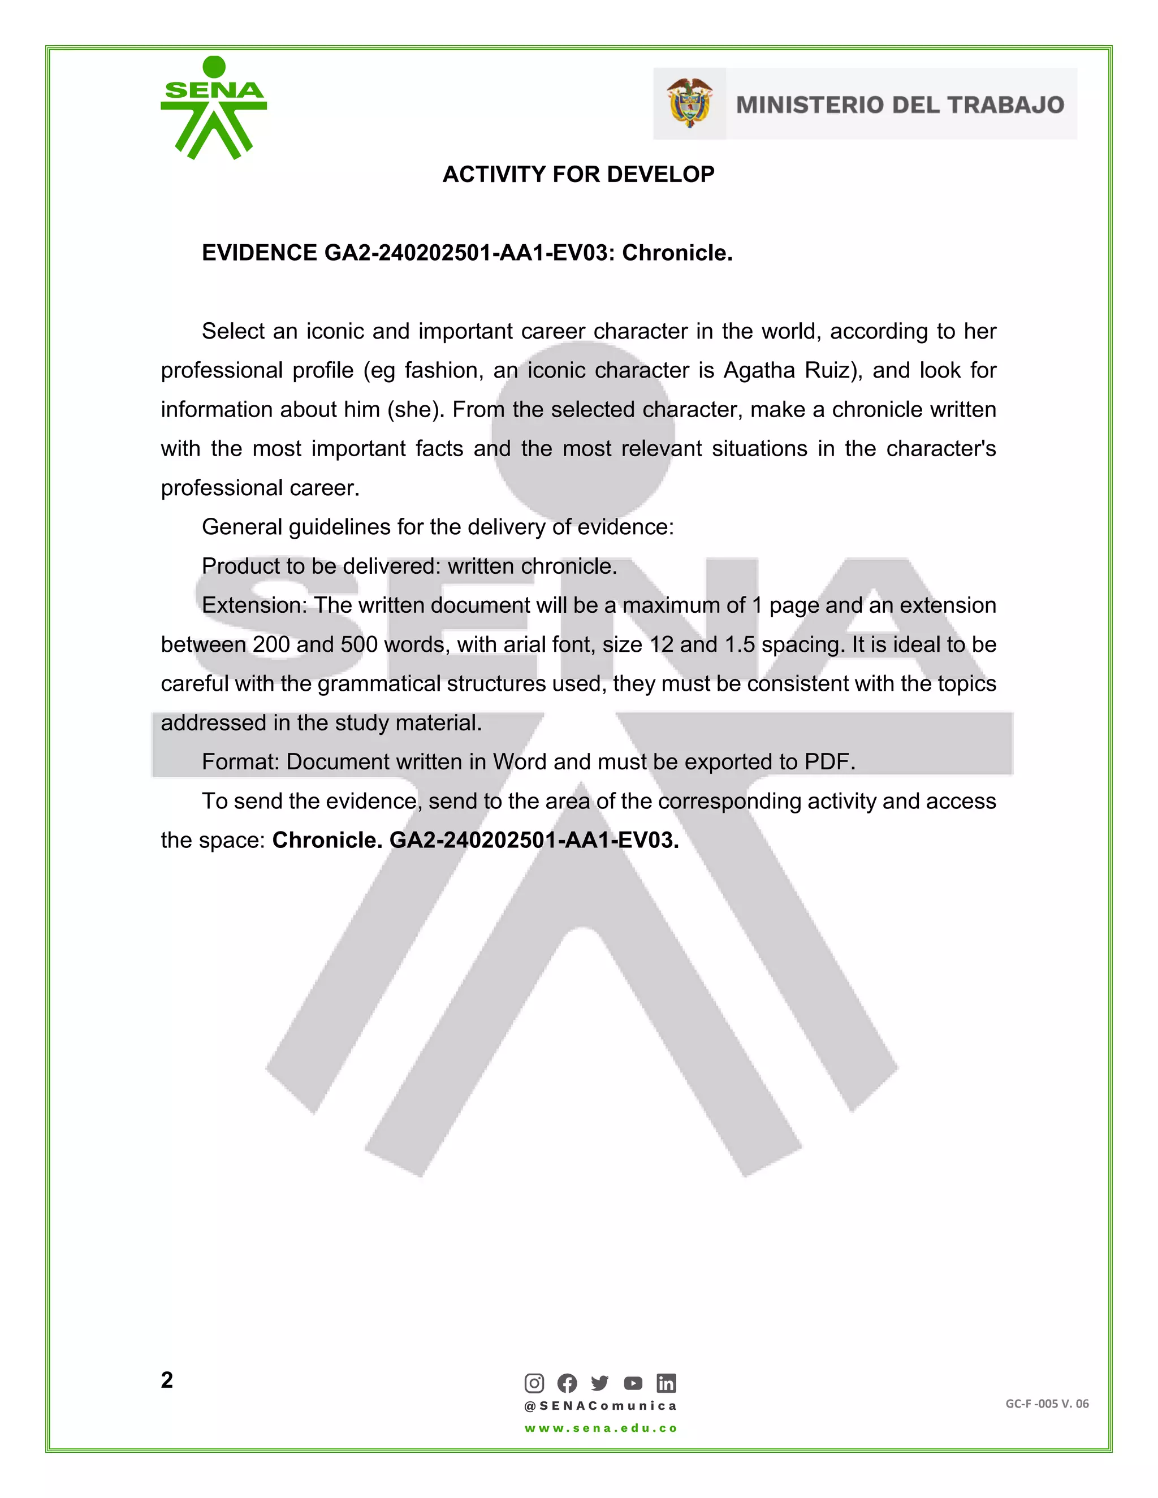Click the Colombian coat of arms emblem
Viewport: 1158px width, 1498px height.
tap(689, 103)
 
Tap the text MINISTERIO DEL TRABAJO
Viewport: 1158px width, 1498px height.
tap(900, 105)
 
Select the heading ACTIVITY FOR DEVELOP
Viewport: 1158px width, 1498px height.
tap(578, 174)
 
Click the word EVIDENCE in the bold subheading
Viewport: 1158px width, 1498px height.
tap(258, 253)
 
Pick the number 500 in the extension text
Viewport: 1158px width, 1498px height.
tap(359, 645)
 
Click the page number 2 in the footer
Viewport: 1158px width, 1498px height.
tap(167, 1380)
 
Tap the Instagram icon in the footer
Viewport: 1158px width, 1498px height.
tap(534, 1383)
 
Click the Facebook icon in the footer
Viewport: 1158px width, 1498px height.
tap(567, 1383)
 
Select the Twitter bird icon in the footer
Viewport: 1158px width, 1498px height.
tap(599, 1383)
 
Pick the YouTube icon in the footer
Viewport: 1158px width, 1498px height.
tap(633, 1383)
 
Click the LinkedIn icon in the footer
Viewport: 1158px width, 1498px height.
tap(666, 1383)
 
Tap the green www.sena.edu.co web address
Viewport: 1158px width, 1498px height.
tap(601, 1428)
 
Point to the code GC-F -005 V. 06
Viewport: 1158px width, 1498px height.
tap(1047, 1404)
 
